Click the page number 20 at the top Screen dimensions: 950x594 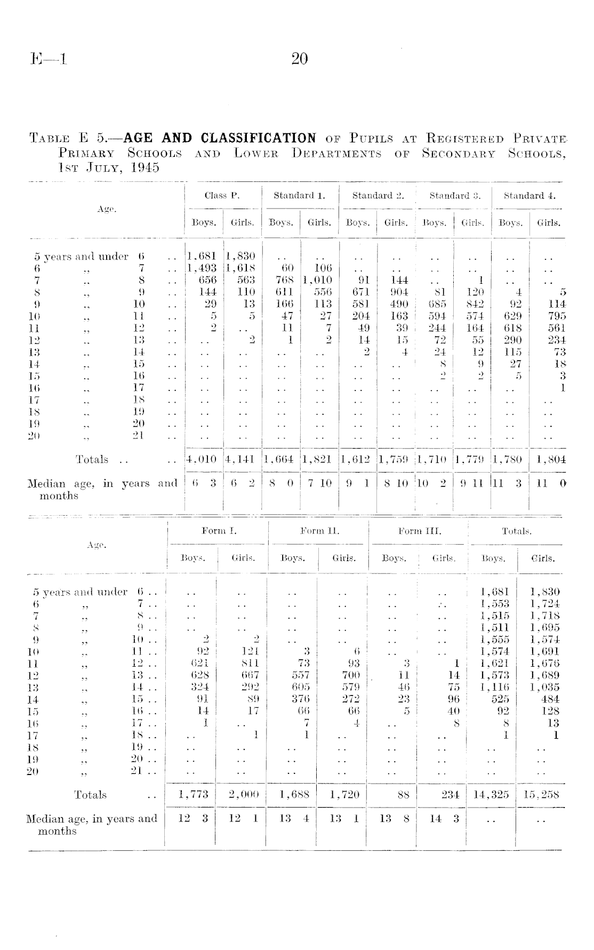[300, 59]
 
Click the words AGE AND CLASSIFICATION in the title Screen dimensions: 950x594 [220, 139]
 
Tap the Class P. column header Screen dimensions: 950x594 [222, 196]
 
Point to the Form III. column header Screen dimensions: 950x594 [420, 531]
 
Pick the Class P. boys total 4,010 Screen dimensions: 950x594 [203, 459]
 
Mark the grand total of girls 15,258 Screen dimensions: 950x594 [542, 795]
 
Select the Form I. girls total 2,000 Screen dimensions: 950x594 [243, 795]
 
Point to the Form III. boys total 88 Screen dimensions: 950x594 [404, 795]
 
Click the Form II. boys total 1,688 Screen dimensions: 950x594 [294, 795]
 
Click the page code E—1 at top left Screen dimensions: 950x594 [49, 59]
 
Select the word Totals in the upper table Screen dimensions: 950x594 [92, 459]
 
